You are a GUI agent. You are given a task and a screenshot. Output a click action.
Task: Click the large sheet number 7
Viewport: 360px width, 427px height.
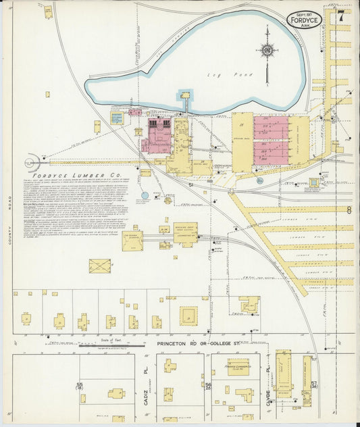342,16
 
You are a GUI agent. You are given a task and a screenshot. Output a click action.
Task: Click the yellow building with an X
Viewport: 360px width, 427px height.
101,266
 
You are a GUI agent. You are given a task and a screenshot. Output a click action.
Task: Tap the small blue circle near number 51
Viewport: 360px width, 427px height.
145,195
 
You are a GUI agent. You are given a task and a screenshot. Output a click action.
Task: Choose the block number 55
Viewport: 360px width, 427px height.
80,386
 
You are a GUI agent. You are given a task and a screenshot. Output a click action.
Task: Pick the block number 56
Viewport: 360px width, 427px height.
209,386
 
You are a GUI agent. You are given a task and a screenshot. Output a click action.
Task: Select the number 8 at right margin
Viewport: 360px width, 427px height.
349,210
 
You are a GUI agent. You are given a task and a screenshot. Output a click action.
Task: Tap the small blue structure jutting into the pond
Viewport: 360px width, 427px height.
184,97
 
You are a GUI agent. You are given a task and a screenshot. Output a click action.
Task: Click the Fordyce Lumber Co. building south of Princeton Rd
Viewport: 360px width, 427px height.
238,366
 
